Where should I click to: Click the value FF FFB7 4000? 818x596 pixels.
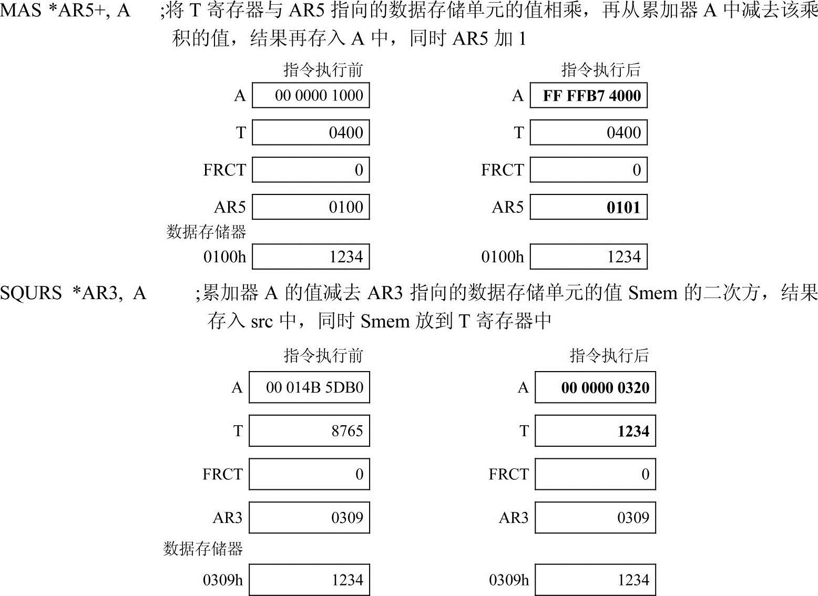(x=591, y=96)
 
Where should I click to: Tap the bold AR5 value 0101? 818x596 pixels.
(x=623, y=207)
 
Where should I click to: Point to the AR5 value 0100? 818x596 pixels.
(x=345, y=207)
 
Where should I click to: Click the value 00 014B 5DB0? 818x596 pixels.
(x=314, y=388)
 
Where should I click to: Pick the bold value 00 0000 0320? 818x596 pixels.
(x=605, y=388)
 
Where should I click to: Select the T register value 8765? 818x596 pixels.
(x=347, y=431)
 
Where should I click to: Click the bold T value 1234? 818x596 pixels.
(x=633, y=431)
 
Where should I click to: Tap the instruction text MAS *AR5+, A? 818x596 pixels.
(x=65, y=11)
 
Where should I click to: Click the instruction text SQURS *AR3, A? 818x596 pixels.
(x=73, y=293)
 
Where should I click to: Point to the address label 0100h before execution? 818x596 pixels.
(x=224, y=257)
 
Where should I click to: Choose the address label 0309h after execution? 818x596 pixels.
(x=509, y=580)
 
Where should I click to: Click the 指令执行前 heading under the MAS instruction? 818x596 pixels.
(x=323, y=70)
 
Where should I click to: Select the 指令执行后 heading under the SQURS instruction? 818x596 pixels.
(x=609, y=356)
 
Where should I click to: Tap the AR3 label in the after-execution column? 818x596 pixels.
(x=513, y=518)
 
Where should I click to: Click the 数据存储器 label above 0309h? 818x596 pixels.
(x=203, y=549)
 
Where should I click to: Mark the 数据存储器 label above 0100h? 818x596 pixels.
(x=206, y=232)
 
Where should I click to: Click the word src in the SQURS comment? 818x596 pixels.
(x=261, y=321)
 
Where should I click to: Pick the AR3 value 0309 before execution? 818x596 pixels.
(x=347, y=518)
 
